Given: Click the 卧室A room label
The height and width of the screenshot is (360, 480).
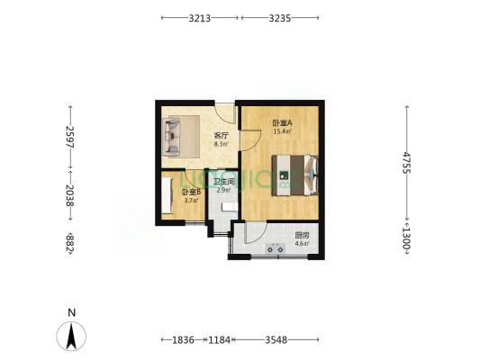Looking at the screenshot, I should [x=282, y=122].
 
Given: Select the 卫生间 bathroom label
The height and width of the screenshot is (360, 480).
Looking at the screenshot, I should [x=223, y=183].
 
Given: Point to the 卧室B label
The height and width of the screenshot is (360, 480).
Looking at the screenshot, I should [x=191, y=192].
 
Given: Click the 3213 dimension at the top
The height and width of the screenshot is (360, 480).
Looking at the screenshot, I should [x=199, y=17].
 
